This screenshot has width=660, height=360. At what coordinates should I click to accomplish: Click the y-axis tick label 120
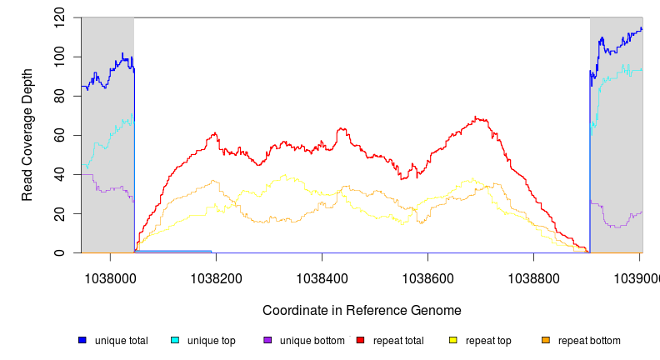[60, 17]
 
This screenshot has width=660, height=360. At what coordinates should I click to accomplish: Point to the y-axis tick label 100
[60, 57]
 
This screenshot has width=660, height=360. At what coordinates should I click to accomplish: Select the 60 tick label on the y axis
[60, 135]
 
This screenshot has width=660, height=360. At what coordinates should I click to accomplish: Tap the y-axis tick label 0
[60, 252]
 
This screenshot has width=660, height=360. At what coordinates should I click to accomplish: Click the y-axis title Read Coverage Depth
[27, 135]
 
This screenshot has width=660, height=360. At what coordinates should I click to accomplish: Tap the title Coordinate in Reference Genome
[362, 310]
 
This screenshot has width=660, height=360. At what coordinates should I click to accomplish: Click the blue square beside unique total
[82, 340]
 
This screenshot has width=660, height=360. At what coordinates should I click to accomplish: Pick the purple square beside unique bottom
[267, 340]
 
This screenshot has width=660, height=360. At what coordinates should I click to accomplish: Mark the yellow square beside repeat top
[453, 340]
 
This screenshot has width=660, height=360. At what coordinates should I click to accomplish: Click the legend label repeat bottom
[589, 341]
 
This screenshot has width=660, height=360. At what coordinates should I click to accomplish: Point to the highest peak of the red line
[475, 117]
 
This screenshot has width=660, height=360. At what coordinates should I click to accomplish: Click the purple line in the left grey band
[108, 190]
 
